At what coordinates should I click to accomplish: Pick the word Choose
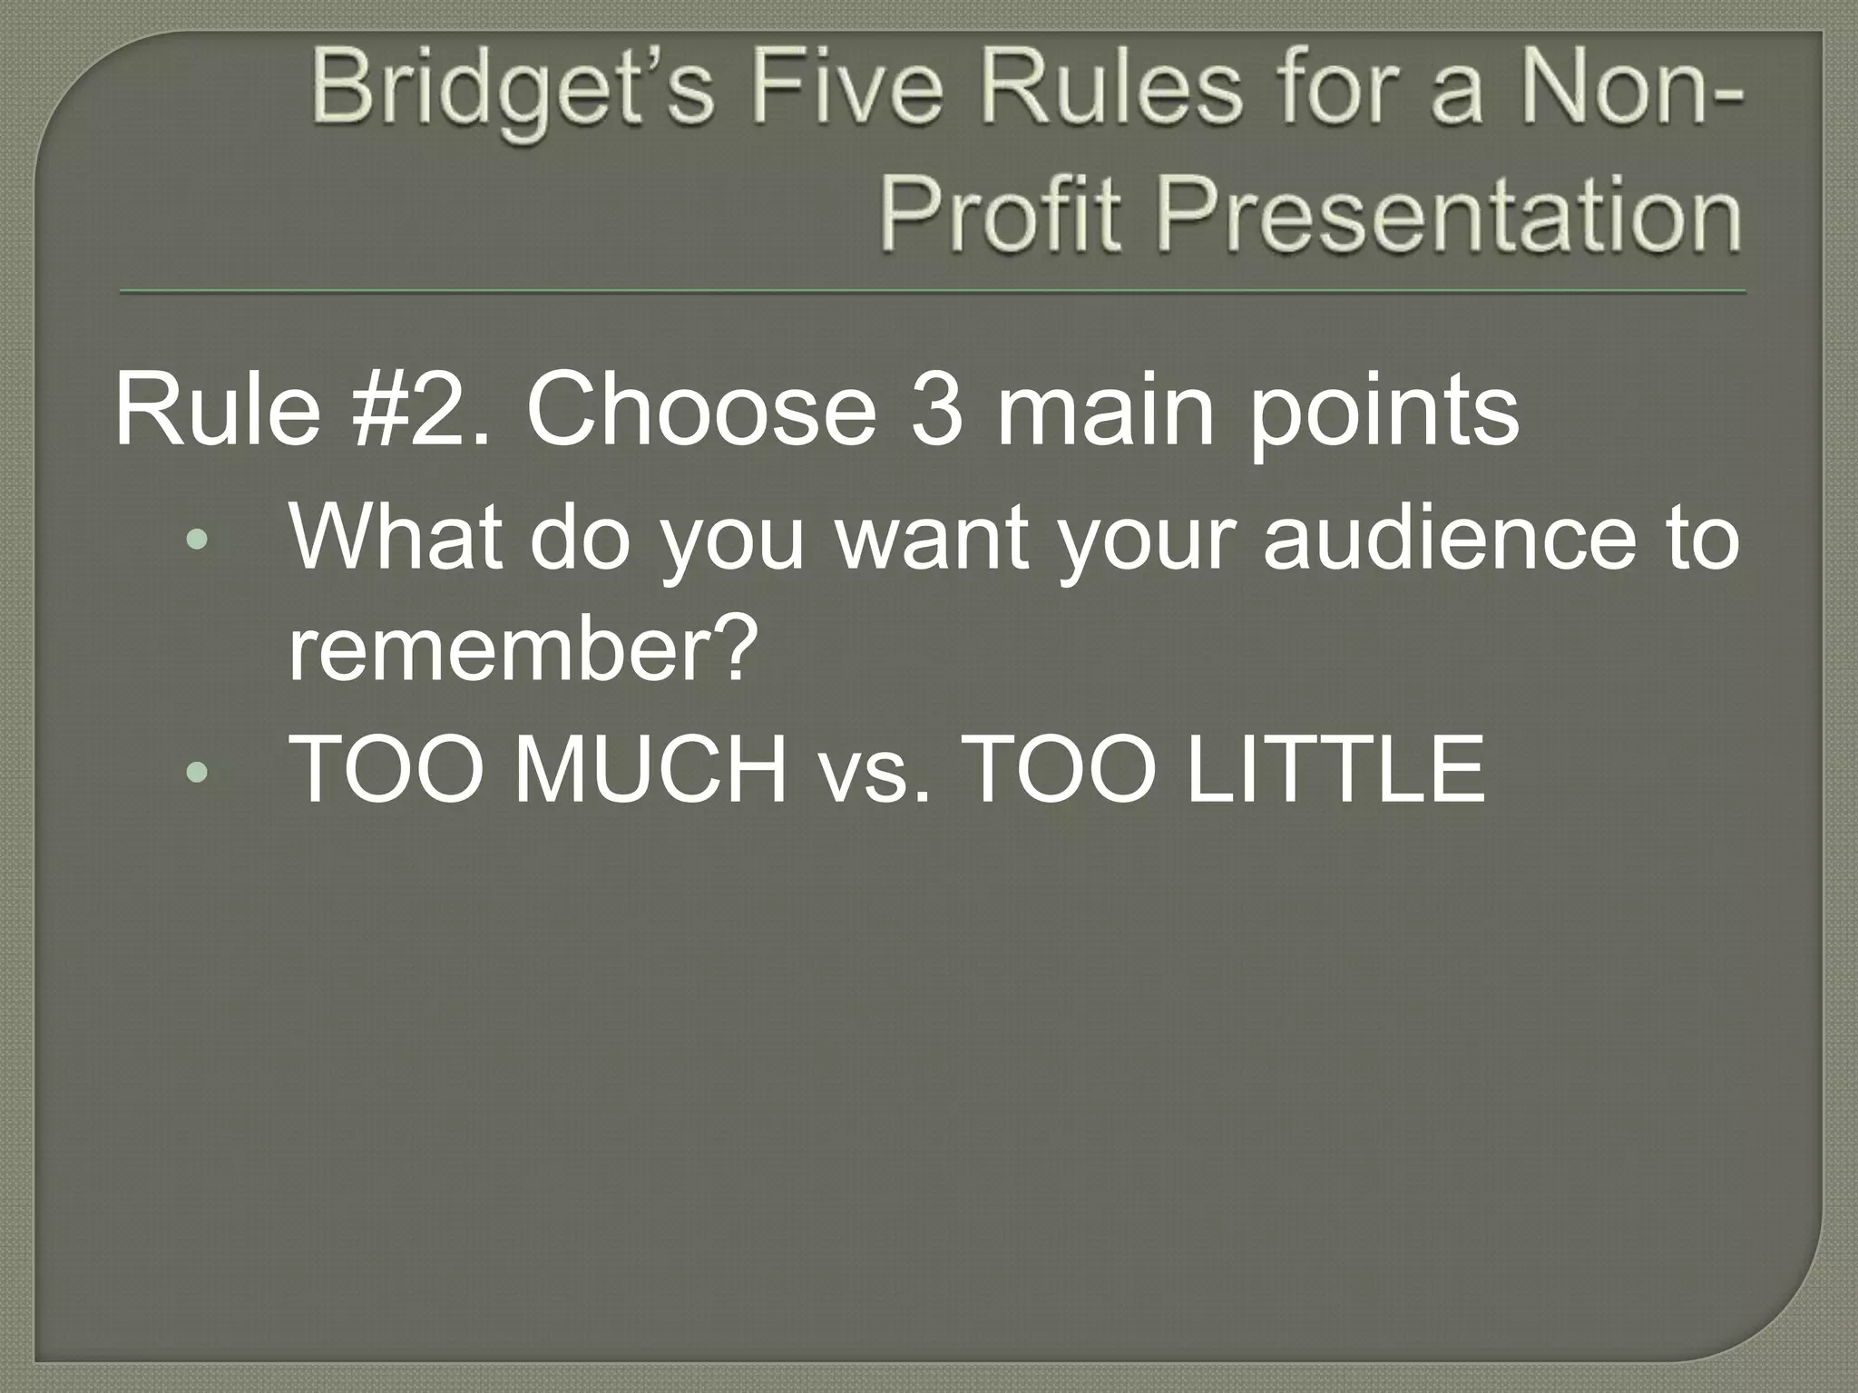pyautogui.click(x=700, y=410)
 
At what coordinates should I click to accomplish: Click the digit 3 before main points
pyautogui.click(x=935, y=410)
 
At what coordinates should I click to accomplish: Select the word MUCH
pyautogui.click(x=650, y=770)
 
